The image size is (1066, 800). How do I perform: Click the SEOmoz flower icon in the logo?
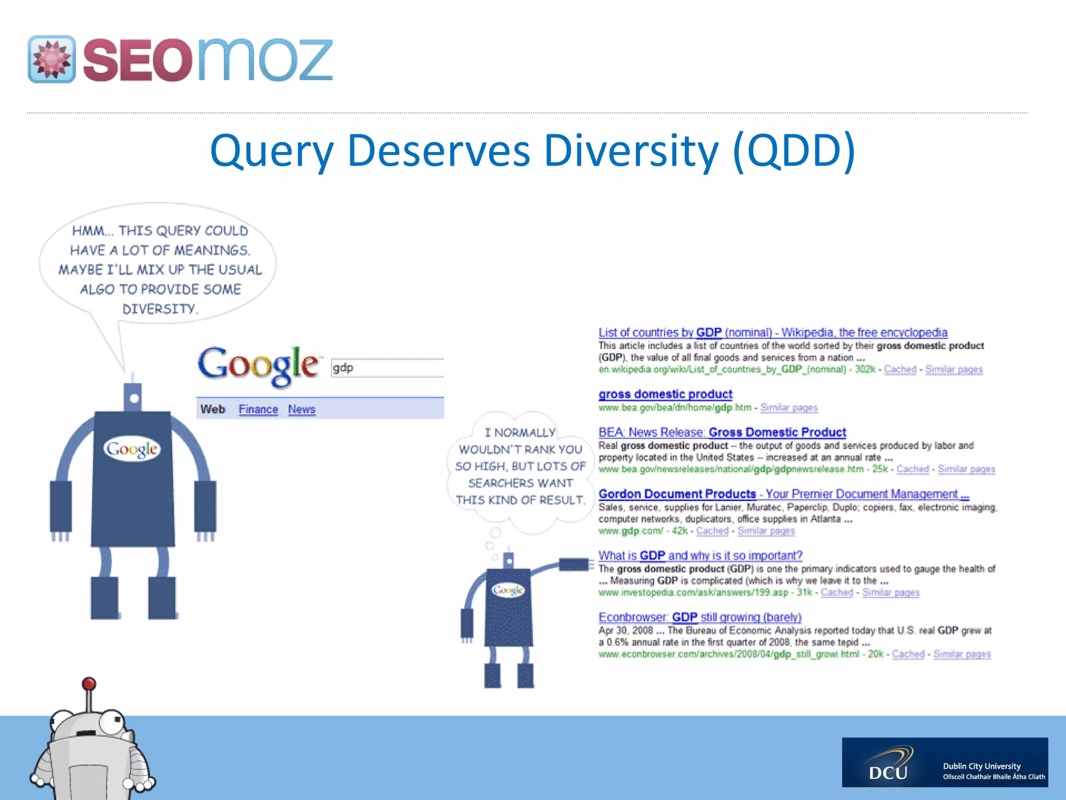tap(52, 59)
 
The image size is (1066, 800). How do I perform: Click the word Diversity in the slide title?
tap(631, 151)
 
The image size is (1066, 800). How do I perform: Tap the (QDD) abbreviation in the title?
tap(793, 151)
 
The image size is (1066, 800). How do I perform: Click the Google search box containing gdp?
tap(388, 368)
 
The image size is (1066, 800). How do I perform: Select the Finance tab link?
tap(258, 409)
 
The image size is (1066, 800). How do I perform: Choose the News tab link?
tap(302, 409)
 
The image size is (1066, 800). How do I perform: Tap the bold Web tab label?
tap(212, 409)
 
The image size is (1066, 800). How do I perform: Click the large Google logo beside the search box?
tap(258, 366)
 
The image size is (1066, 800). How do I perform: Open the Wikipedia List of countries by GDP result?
tap(772, 332)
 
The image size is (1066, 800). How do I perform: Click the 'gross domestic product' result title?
tap(665, 394)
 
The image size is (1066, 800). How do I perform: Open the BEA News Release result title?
tap(722, 432)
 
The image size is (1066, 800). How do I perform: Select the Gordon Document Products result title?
tap(783, 494)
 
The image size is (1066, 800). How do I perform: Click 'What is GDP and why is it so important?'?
tap(700, 556)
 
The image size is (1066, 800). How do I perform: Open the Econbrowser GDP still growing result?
tap(700, 617)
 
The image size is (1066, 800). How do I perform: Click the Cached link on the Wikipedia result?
tap(900, 369)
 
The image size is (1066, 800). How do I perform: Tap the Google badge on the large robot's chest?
tap(132, 449)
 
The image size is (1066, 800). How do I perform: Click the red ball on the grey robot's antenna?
tap(89, 683)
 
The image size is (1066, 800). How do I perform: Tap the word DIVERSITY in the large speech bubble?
tap(160, 309)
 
